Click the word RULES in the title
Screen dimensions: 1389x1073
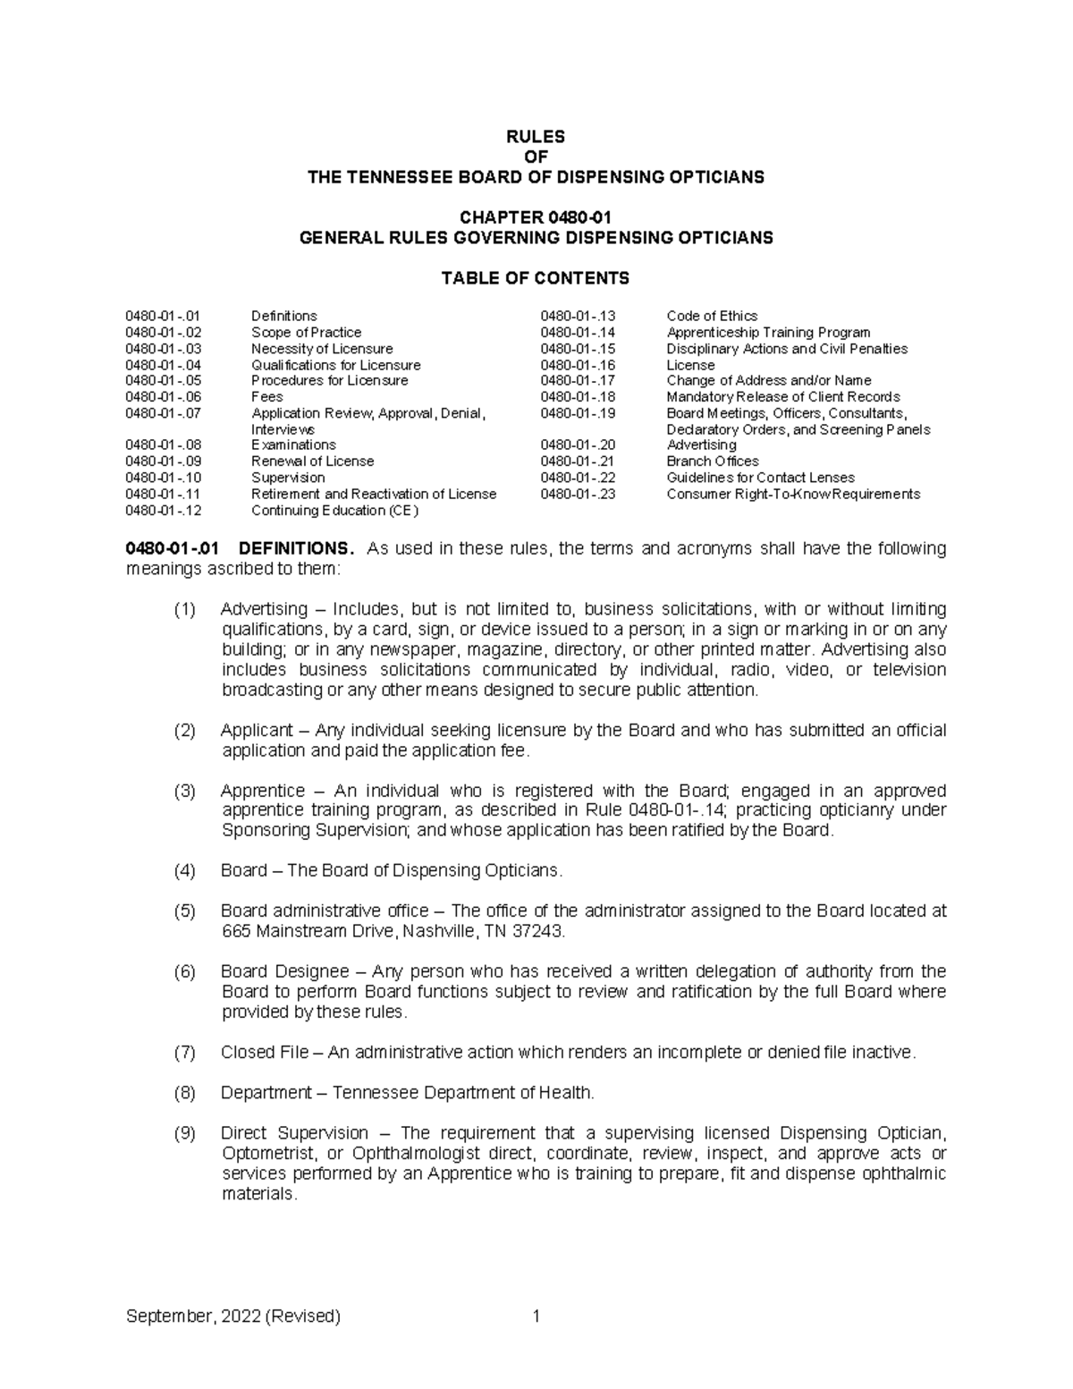tap(536, 137)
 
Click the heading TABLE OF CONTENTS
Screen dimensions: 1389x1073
tap(536, 278)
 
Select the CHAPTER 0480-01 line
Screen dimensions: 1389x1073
tap(536, 217)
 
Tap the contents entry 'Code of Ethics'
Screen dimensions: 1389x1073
tap(712, 316)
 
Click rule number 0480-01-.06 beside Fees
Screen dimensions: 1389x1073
tap(164, 397)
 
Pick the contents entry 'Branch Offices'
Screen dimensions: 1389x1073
tap(713, 462)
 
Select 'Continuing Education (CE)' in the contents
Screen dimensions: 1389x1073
tap(334, 511)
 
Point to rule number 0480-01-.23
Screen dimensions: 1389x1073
tap(578, 494)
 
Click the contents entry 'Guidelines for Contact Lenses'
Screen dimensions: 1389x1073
tap(760, 478)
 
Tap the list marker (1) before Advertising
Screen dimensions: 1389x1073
tap(184, 609)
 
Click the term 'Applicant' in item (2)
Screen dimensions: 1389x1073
tap(257, 731)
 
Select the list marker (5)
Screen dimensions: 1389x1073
tap(184, 911)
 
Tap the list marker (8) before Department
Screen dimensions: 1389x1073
tap(184, 1093)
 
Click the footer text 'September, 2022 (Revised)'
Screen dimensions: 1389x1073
tap(233, 1317)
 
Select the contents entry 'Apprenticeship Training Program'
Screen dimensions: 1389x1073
tap(768, 332)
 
